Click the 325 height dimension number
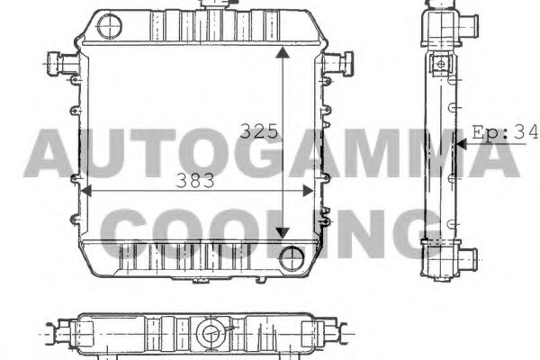(x=257, y=130)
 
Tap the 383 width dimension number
(x=195, y=180)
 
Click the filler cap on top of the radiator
(x=216, y=4)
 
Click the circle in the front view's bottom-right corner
(x=292, y=257)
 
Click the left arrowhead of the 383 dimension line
(x=87, y=189)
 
